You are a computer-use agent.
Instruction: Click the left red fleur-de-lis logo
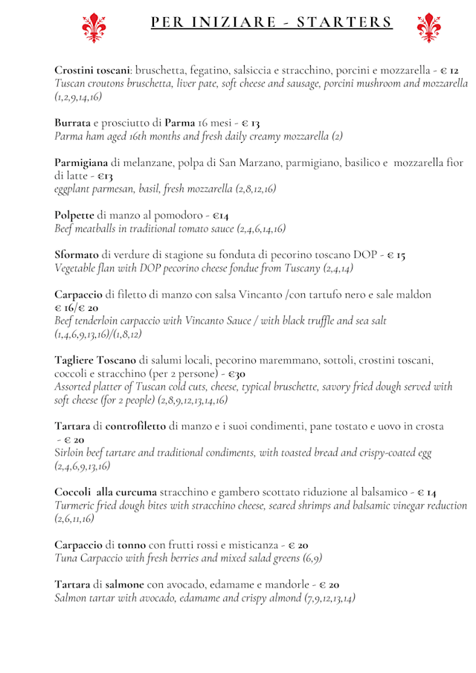click(94, 28)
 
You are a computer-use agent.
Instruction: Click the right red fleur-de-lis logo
click(429, 28)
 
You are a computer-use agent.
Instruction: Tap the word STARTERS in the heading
click(345, 22)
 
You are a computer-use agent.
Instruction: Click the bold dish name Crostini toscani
click(92, 70)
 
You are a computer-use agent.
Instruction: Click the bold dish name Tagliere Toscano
click(95, 360)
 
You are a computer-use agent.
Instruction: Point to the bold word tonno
click(131, 545)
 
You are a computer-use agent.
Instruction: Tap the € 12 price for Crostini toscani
click(449, 70)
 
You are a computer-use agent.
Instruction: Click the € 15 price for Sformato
click(396, 255)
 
